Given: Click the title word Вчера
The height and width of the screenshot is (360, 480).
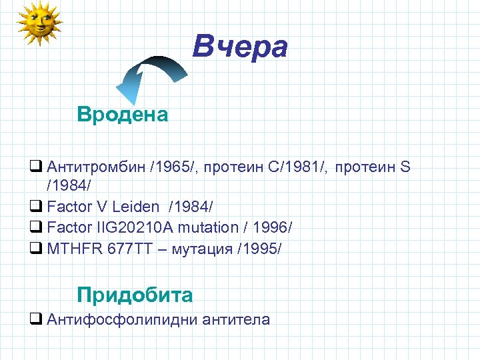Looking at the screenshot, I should click(x=240, y=47).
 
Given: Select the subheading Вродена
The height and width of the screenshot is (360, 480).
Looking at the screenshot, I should click(x=123, y=115).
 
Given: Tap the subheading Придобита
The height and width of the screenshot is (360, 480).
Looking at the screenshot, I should click(x=135, y=295).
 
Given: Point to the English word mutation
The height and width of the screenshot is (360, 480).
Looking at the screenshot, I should click(x=205, y=227).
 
